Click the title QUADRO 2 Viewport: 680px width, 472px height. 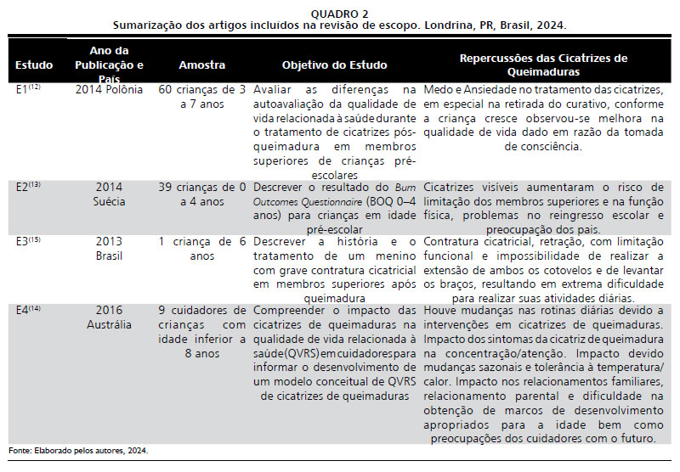tap(340, 14)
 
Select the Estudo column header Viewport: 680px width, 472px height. tap(34, 65)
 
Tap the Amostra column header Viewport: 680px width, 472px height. tap(201, 65)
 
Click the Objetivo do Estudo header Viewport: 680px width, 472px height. tap(334, 65)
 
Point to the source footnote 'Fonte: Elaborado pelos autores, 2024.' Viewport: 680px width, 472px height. tap(78, 450)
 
